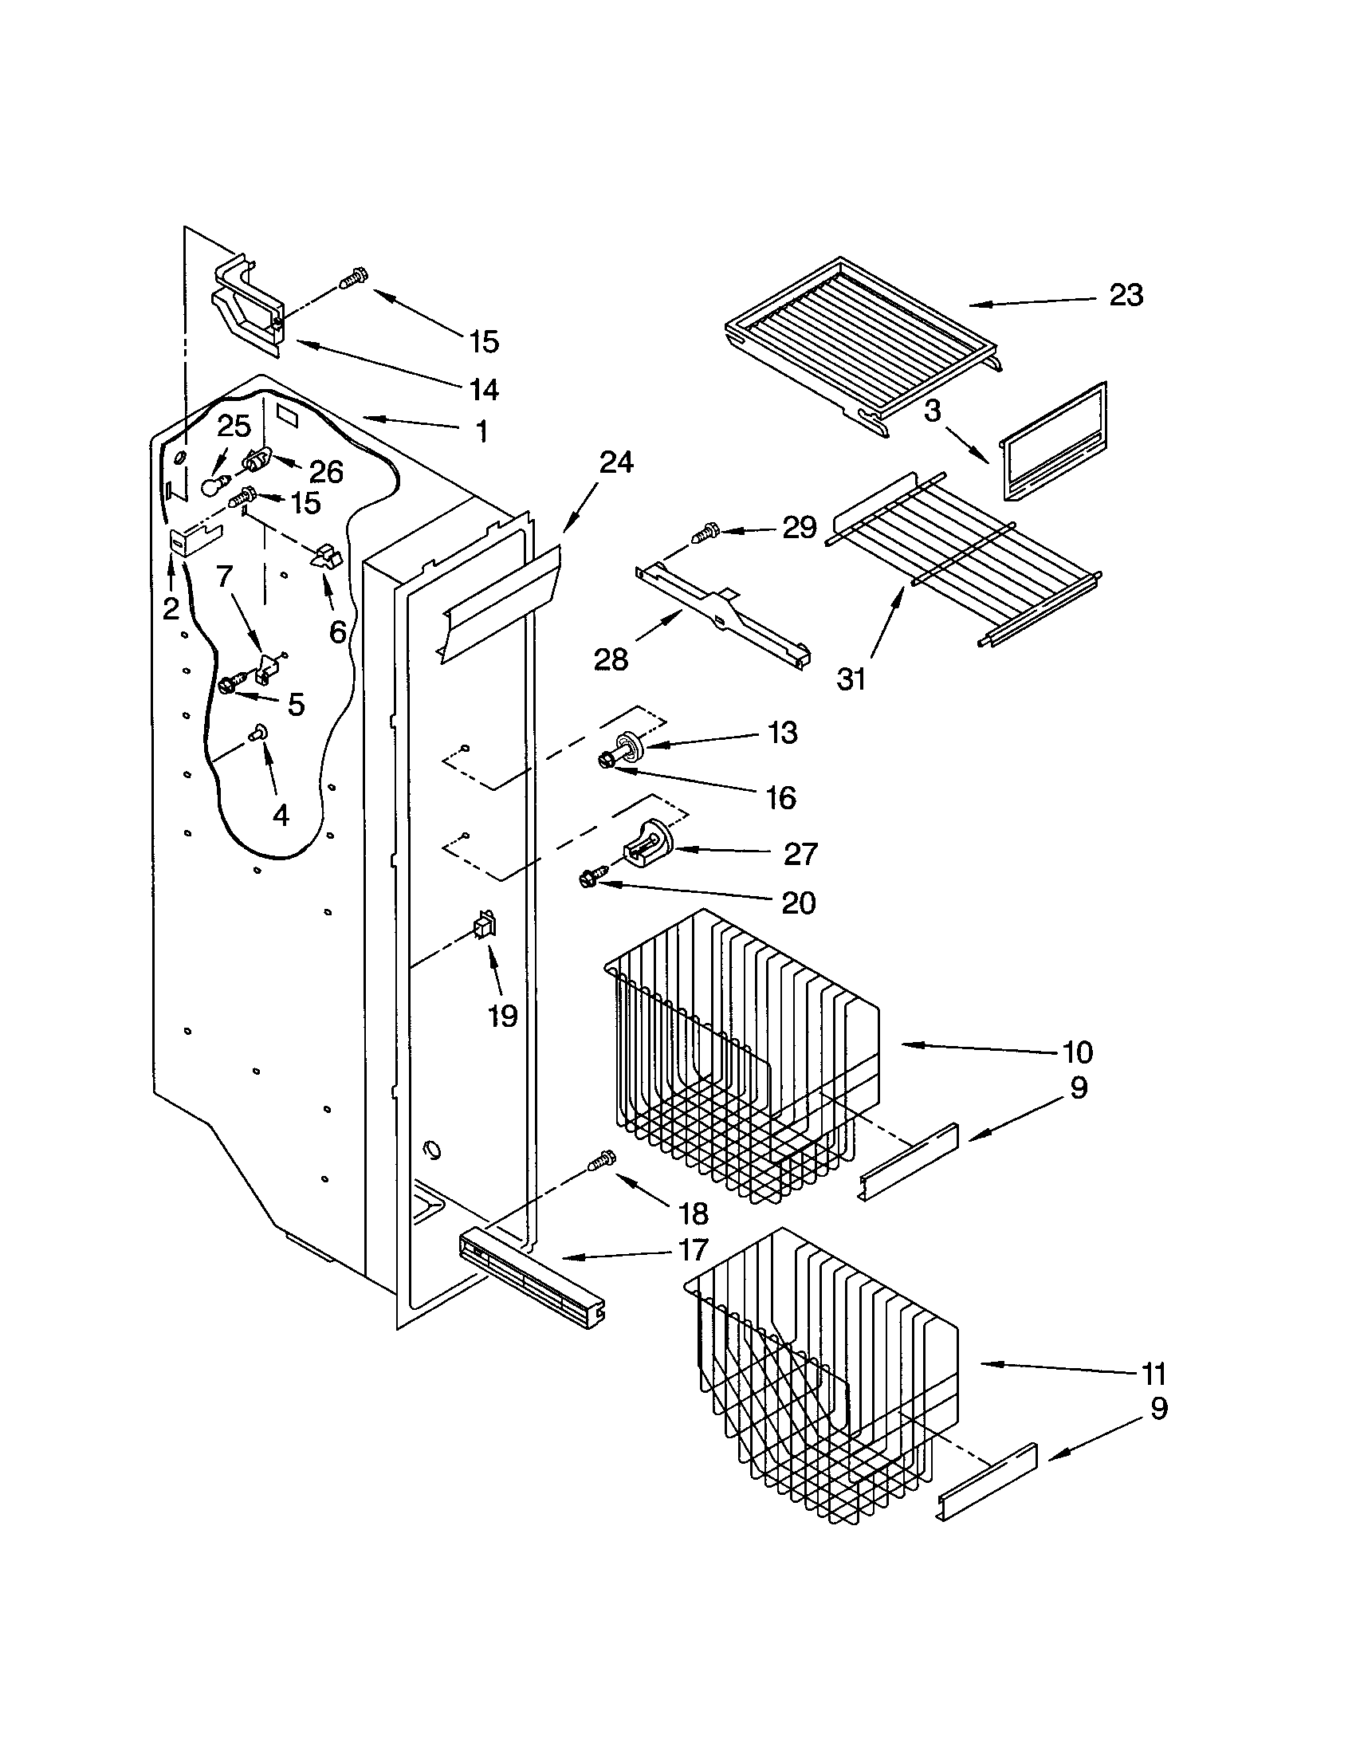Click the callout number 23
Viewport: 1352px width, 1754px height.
pyautogui.click(x=1126, y=296)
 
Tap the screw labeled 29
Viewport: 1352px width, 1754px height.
pyautogui.click(x=704, y=531)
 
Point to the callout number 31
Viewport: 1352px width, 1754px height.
pyautogui.click(x=852, y=679)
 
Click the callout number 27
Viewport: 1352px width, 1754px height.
pyautogui.click(x=800, y=854)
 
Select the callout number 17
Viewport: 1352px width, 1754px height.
pyautogui.click(x=693, y=1249)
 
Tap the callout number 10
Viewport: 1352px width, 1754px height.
pyautogui.click(x=1077, y=1051)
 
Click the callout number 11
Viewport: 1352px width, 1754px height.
pyautogui.click(x=1154, y=1374)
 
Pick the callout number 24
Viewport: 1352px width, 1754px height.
pyautogui.click(x=615, y=462)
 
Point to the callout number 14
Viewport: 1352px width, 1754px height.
pyautogui.click(x=484, y=390)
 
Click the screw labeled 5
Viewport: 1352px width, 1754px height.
pyautogui.click(x=227, y=684)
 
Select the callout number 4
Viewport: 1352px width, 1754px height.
pyautogui.click(x=280, y=815)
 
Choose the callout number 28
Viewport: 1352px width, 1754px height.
pyautogui.click(x=610, y=660)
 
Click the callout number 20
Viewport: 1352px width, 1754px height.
pyautogui.click(x=799, y=903)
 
